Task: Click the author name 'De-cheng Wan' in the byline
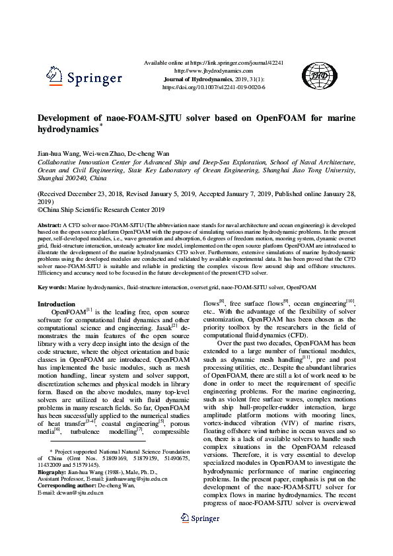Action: [x=150, y=153]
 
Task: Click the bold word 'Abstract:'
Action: [x=50, y=225]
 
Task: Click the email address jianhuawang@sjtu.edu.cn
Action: [x=131, y=479]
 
